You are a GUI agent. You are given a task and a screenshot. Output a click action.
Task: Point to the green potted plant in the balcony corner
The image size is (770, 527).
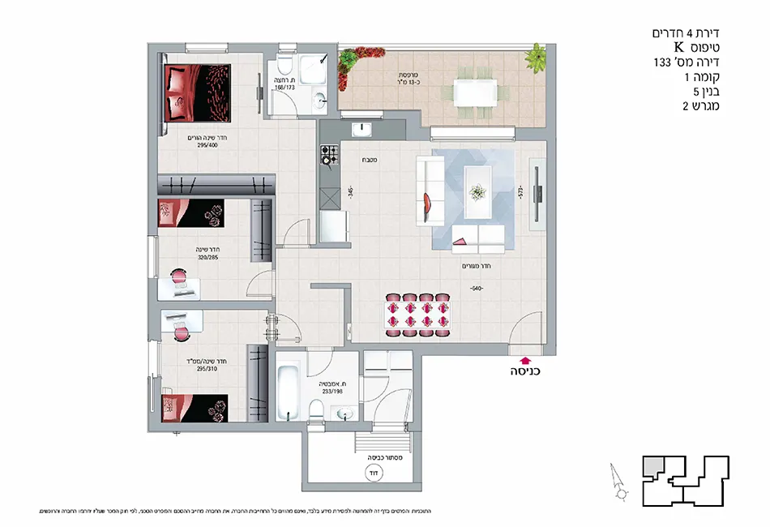tap(535, 58)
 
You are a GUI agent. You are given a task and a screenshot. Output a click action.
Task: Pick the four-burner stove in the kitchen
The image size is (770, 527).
tap(329, 154)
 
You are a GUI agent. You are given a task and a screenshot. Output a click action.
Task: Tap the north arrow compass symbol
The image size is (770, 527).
tap(618, 482)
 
